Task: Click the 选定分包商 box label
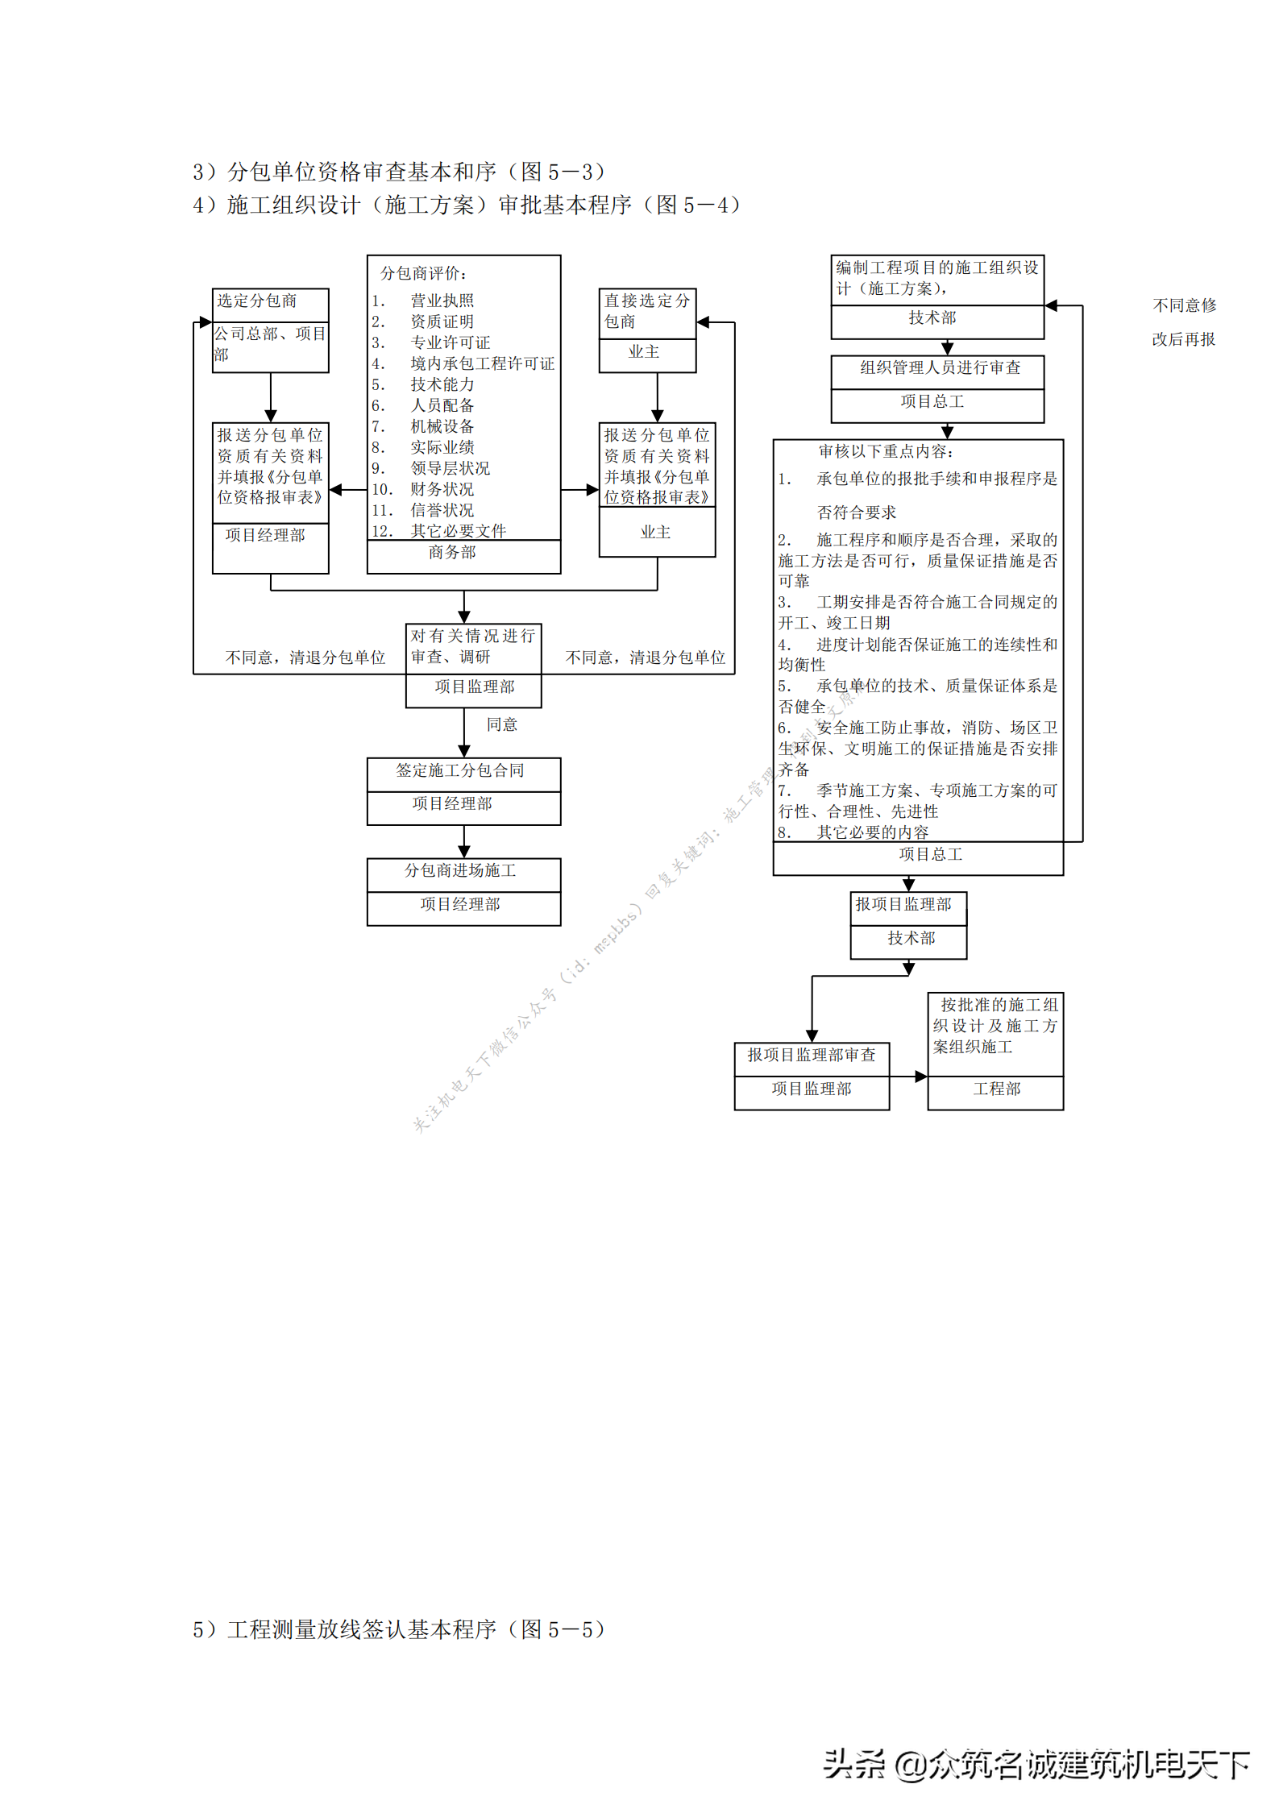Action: click(257, 301)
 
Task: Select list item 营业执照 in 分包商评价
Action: click(442, 301)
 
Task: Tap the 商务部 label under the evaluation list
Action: click(452, 552)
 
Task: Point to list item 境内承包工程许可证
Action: click(483, 363)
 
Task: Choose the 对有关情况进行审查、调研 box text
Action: click(473, 646)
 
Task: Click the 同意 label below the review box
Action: click(502, 724)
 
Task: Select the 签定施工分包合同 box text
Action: click(460, 770)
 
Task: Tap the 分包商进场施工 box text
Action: click(460, 870)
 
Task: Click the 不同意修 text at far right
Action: click(1185, 305)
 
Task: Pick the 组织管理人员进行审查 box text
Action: click(941, 367)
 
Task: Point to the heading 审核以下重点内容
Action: click(886, 451)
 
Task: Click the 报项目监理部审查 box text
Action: click(812, 1055)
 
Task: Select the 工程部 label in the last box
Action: click(997, 1089)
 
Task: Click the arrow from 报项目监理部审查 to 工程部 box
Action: click(908, 1077)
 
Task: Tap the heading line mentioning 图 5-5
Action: click(398, 1629)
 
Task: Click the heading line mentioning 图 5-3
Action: click(398, 172)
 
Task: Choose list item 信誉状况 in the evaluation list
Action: click(442, 510)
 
